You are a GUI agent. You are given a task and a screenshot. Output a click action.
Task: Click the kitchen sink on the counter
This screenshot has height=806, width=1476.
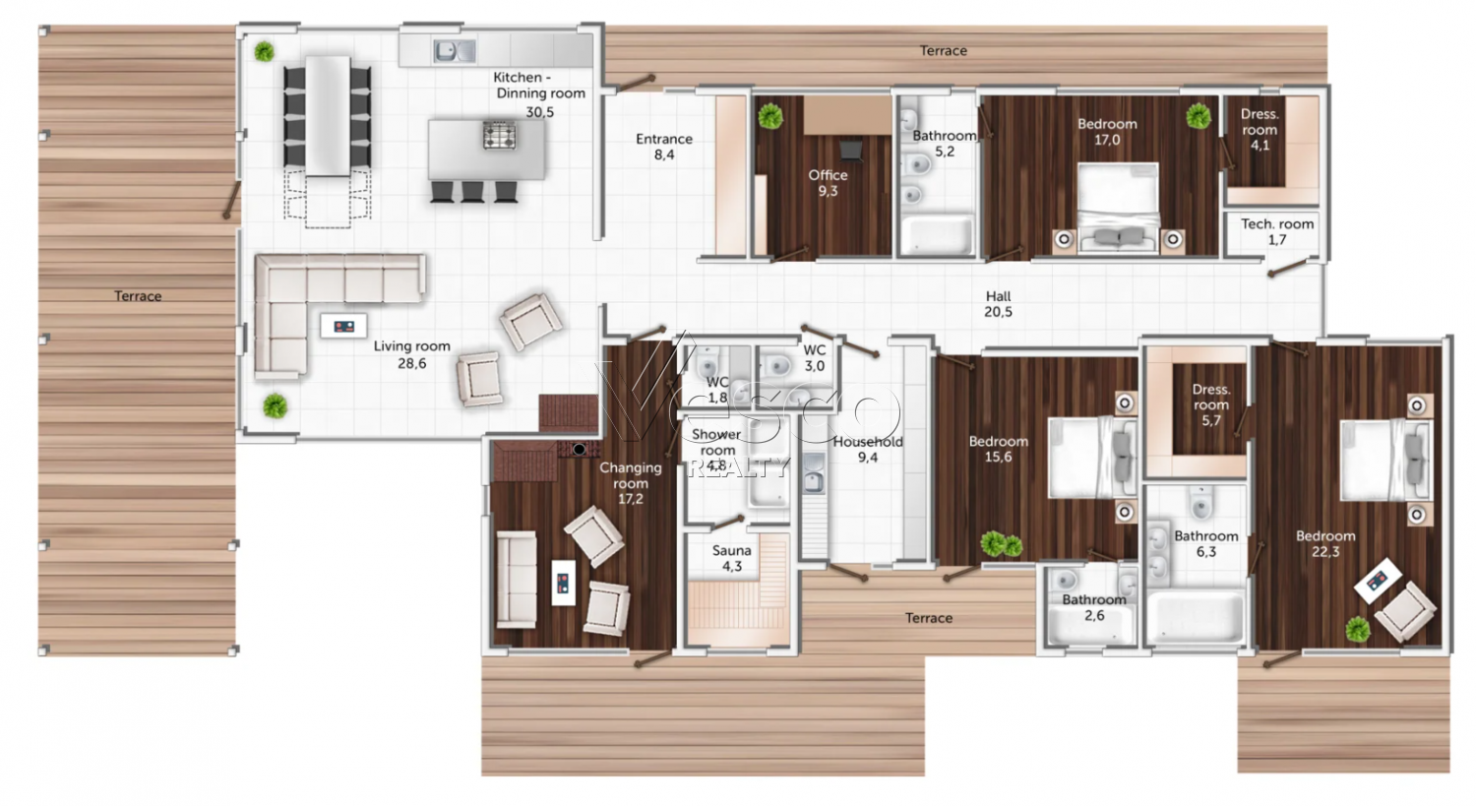[x=454, y=50]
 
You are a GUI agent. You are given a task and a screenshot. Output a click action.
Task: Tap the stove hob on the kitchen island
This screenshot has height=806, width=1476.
[x=499, y=135]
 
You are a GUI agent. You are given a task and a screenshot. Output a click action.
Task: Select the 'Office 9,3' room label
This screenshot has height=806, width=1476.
[x=828, y=183]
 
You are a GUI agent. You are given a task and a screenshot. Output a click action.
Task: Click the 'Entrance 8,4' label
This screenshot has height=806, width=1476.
[x=664, y=147]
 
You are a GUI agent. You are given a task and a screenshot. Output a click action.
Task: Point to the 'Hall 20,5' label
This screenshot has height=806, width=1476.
[x=999, y=304]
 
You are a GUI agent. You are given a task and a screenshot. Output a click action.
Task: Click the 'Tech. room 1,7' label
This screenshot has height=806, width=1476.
[x=1277, y=232]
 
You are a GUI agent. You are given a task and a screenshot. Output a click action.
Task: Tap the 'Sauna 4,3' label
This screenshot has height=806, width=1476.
[x=731, y=558]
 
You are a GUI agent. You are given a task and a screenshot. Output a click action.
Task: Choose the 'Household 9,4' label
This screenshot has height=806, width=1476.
[x=868, y=450]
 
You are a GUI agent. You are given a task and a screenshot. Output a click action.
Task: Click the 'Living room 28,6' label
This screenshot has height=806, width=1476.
[x=412, y=354]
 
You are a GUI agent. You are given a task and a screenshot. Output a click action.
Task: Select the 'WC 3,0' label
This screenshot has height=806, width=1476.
[x=815, y=358]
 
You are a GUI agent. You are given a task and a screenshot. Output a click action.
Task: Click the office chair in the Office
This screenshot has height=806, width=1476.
[x=851, y=149]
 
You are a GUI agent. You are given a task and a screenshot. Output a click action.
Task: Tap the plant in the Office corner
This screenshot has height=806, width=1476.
[x=769, y=117]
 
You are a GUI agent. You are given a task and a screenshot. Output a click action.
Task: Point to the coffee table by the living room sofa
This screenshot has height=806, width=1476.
[x=343, y=326]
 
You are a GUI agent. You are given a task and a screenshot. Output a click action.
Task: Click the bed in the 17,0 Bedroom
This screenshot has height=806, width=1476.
[x=1119, y=207]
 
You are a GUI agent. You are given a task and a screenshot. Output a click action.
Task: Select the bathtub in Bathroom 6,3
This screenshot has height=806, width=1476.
[x=1196, y=616]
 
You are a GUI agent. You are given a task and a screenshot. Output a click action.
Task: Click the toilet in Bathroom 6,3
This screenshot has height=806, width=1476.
[x=1201, y=504]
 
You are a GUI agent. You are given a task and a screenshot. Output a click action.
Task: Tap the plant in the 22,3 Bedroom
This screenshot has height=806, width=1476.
[x=1357, y=630]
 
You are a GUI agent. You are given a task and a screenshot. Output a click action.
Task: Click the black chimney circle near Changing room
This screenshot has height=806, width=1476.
[x=580, y=450]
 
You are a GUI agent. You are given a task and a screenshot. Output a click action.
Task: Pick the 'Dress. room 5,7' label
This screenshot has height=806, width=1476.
[x=1211, y=404]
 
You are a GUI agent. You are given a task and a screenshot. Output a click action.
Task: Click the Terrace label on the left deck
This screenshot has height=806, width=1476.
[x=138, y=296]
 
